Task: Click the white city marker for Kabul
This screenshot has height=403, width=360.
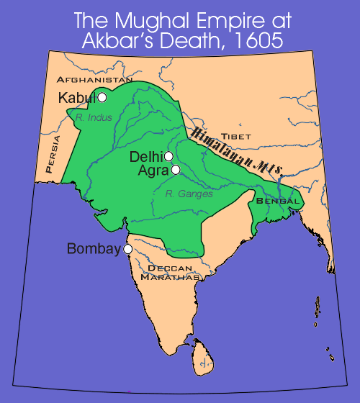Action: click(102, 97)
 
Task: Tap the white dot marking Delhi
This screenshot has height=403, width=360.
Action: click(168, 156)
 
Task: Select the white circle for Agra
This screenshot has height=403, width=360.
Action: click(175, 170)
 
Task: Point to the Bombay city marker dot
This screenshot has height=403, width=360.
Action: click(128, 248)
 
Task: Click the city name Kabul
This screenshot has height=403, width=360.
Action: click(78, 97)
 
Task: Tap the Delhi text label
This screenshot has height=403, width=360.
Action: click(146, 156)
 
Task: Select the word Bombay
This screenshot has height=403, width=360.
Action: click(94, 249)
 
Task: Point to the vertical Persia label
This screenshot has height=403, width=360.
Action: click(48, 158)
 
